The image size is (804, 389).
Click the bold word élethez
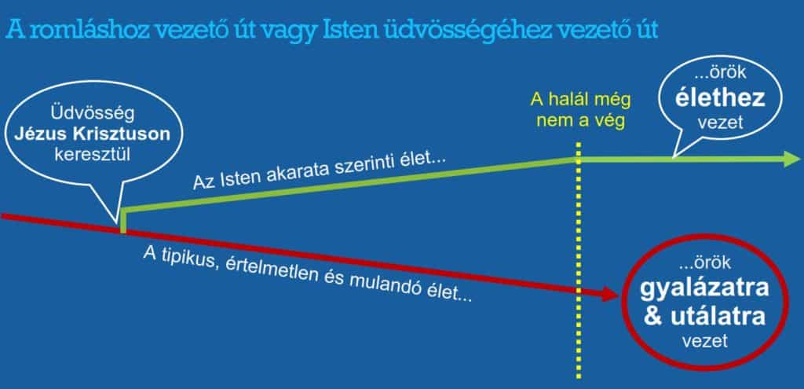[x=720, y=98]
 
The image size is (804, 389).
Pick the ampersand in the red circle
[x=652, y=317]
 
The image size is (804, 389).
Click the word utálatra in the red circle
[x=718, y=317]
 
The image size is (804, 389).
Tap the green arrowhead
[x=791, y=159]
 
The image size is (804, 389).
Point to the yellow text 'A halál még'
[x=580, y=99]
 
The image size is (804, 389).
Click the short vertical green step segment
[x=123, y=221]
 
